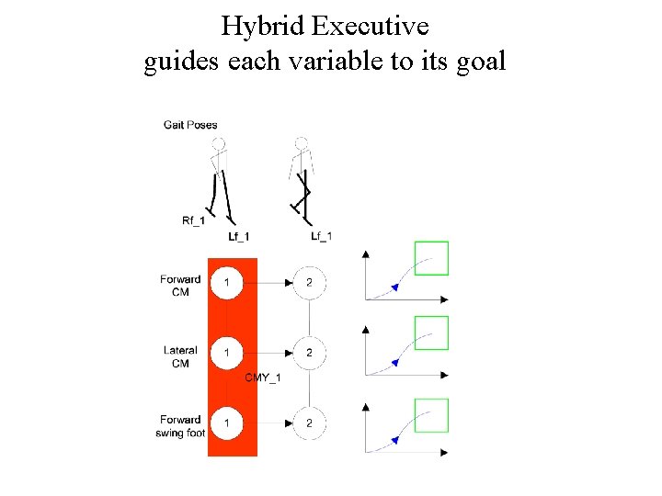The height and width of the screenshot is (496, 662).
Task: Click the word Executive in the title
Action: click(371, 27)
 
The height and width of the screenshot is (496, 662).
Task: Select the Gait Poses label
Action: click(190, 125)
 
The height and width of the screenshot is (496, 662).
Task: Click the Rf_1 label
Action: click(194, 220)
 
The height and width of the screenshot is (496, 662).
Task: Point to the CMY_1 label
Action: click(263, 378)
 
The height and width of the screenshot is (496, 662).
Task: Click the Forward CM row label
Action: click(180, 286)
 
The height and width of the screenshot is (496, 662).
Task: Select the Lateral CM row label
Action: click(180, 356)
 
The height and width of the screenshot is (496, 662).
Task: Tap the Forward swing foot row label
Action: click(180, 426)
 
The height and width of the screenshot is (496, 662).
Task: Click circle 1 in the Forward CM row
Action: click(227, 282)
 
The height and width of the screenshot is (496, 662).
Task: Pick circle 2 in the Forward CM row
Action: click(309, 282)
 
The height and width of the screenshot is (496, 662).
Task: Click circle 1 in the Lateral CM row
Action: click(227, 352)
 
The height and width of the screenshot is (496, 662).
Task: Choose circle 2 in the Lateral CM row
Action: click(309, 352)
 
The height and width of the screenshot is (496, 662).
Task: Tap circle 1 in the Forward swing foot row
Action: click(227, 423)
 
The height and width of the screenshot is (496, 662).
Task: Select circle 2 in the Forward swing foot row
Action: click(309, 423)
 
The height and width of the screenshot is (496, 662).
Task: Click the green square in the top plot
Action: click(431, 258)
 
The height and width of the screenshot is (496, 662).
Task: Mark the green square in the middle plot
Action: click(431, 333)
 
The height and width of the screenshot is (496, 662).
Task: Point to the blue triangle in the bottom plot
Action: click(394, 441)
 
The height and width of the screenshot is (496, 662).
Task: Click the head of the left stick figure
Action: click(218, 144)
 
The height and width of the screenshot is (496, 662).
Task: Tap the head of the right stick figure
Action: click(301, 144)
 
